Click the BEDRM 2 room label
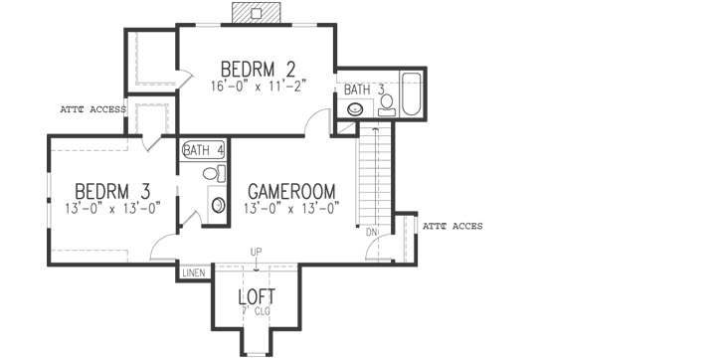point(258,69)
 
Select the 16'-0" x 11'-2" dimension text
point(258,87)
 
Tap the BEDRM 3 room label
point(112,190)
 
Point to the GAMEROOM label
point(291,191)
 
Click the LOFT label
point(257,296)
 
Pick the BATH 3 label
point(364,90)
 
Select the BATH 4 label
point(203,150)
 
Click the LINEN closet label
point(192,271)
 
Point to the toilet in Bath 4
point(212,174)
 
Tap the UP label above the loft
point(256,252)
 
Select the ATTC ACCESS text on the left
point(92,109)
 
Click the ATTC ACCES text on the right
point(452,227)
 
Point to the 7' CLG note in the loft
point(256,311)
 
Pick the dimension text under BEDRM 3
point(112,208)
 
